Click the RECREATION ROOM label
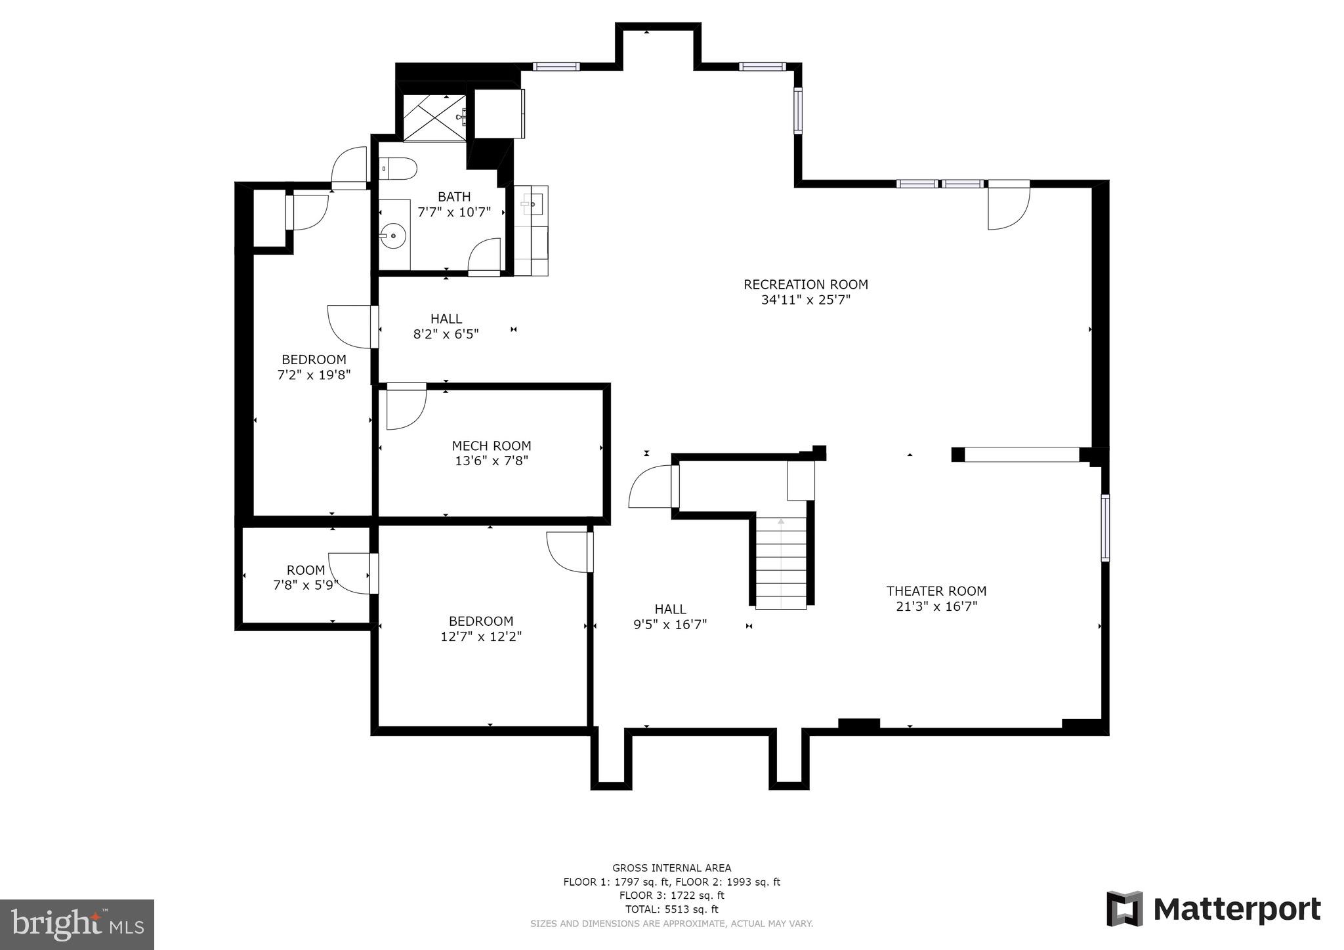pyautogui.click(x=805, y=285)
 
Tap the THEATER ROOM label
pyautogui.click(x=936, y=591)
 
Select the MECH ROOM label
pyautogui.click(x=491, y=446)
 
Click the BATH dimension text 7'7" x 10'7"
pyautogui.click(x=454, y=212)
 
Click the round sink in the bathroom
pyautogui.click(x=393, y=235)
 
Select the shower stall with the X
pyautogui.click(x=434, y=117)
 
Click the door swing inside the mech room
pyautogui.click(x=405, y=407)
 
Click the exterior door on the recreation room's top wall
pyautogui.click(x=1009, y=206)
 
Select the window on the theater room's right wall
pyautogui.click(x=1105, y=527)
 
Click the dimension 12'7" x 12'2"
pyautogui.click(x=481, y=636)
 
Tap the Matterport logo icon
pyautogui.click(x=1124, y=909)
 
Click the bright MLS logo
pyautogui.click(x=77, y=924)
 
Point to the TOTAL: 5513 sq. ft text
pyautogui.click(x=671, y=909)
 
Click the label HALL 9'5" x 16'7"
pyautogui.click(x=670, y=617)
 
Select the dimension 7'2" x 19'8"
pyautogui.click(x=314, y=375)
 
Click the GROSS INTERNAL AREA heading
pyautogui.click(x=671, y=868)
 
